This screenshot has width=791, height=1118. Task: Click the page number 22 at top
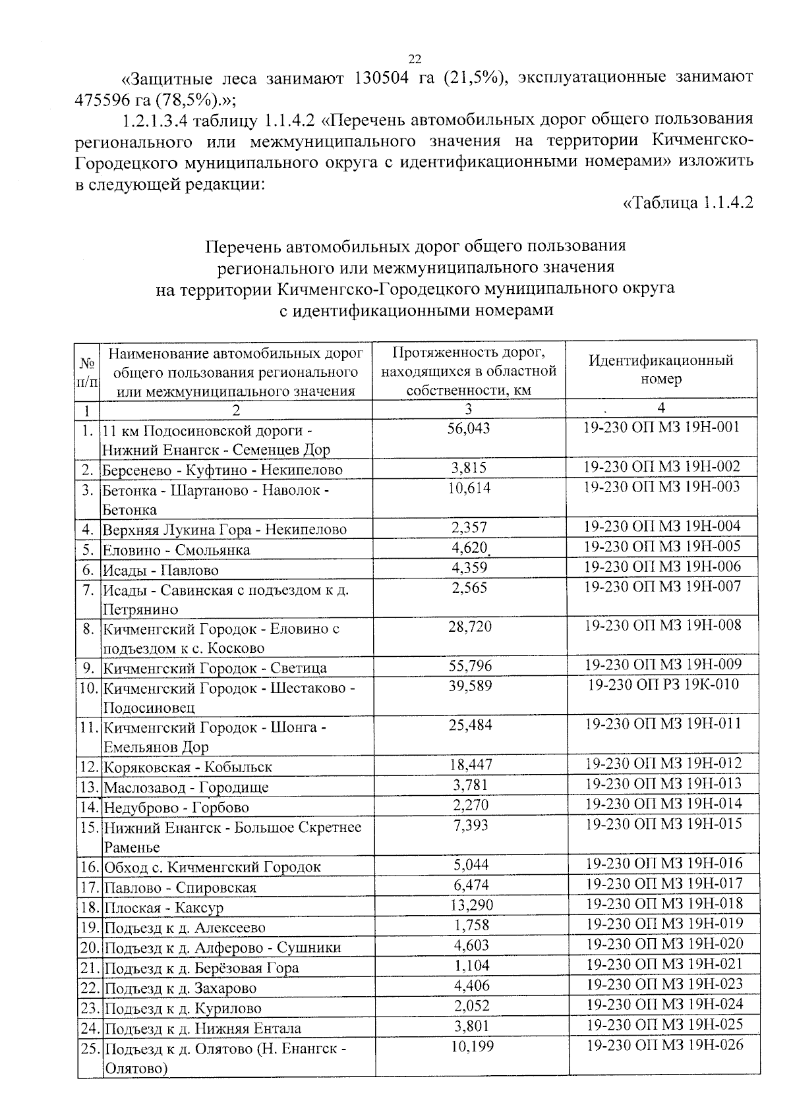tap(415, 58)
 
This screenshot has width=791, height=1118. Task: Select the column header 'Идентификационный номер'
tap(660, 370)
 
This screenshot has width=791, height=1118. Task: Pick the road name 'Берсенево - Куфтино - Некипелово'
tap(222, 470)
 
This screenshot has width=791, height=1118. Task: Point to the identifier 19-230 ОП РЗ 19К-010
tap(663, 685)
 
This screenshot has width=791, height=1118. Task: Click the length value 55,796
tap(470, 665)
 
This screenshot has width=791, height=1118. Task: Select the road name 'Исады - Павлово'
tap(160, 570)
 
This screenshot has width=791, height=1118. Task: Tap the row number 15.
tap(89, 827)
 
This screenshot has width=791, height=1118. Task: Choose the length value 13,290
tap(471, 905)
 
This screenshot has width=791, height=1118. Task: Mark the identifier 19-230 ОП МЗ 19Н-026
tap(664, 1045)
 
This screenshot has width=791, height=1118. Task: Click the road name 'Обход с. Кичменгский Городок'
tap(212, 867)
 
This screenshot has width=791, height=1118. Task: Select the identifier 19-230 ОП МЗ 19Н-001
tap(662, 428)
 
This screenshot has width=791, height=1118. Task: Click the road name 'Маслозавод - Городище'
tap(186, 787)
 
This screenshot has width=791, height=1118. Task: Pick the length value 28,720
tap(469, 627)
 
